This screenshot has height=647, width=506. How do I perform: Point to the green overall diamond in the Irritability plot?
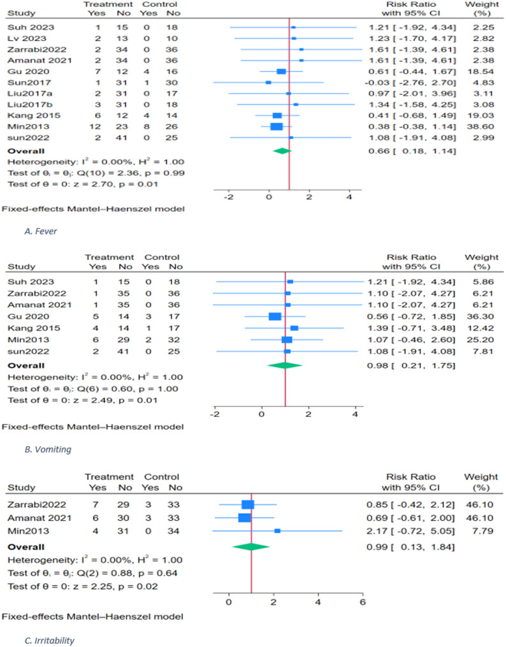tap(251, 546)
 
